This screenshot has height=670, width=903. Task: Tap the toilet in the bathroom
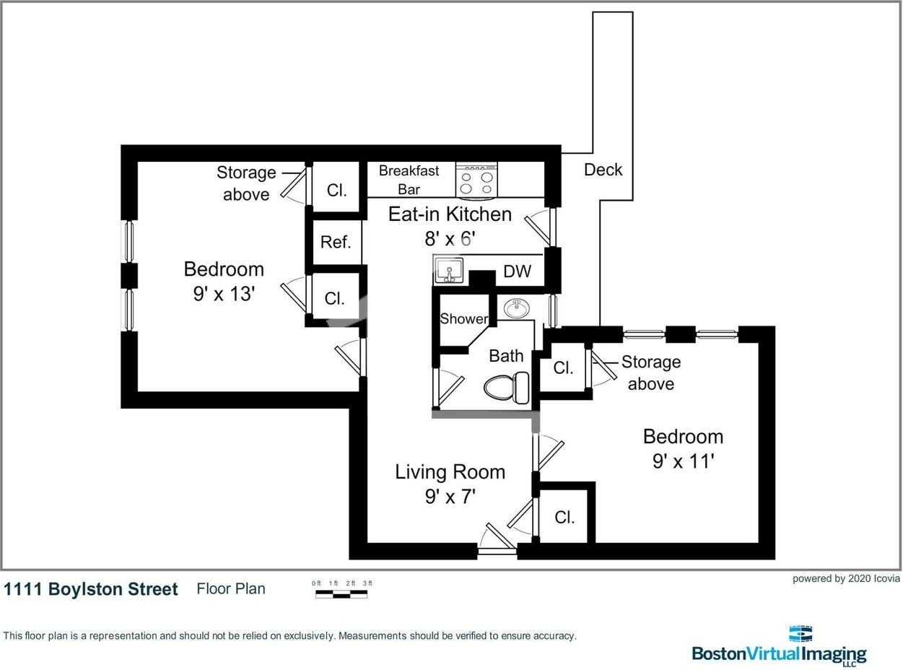[x=507, y=388]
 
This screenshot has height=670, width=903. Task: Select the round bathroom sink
[x=516, y=309]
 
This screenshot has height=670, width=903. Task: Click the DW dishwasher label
[x=517, y=271]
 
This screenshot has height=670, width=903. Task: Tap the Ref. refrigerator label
[x=336, y=242]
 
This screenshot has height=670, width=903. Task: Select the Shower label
[x=464, y=318]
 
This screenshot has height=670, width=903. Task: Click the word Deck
[x=603, y=170]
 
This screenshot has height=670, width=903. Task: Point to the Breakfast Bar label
[x=409, y=180]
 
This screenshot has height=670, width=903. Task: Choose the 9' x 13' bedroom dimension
[x=224, y=294]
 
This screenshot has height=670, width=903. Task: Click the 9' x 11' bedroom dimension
[x=684, y=461]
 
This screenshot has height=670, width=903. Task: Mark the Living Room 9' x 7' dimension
[x=450, y=497]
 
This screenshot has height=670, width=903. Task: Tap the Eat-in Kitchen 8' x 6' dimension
[x=450, y=238]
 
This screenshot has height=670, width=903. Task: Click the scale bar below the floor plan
[x=341, y=594]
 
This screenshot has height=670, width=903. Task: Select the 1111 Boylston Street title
[x=91, y=589]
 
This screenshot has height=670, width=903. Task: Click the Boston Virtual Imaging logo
[x=780, y=646]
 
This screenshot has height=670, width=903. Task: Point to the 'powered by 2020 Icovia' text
[x=846, y=578]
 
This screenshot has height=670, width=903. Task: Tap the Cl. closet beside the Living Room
[x=564, y=517]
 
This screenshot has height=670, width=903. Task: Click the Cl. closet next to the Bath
[x=563, y=367]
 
